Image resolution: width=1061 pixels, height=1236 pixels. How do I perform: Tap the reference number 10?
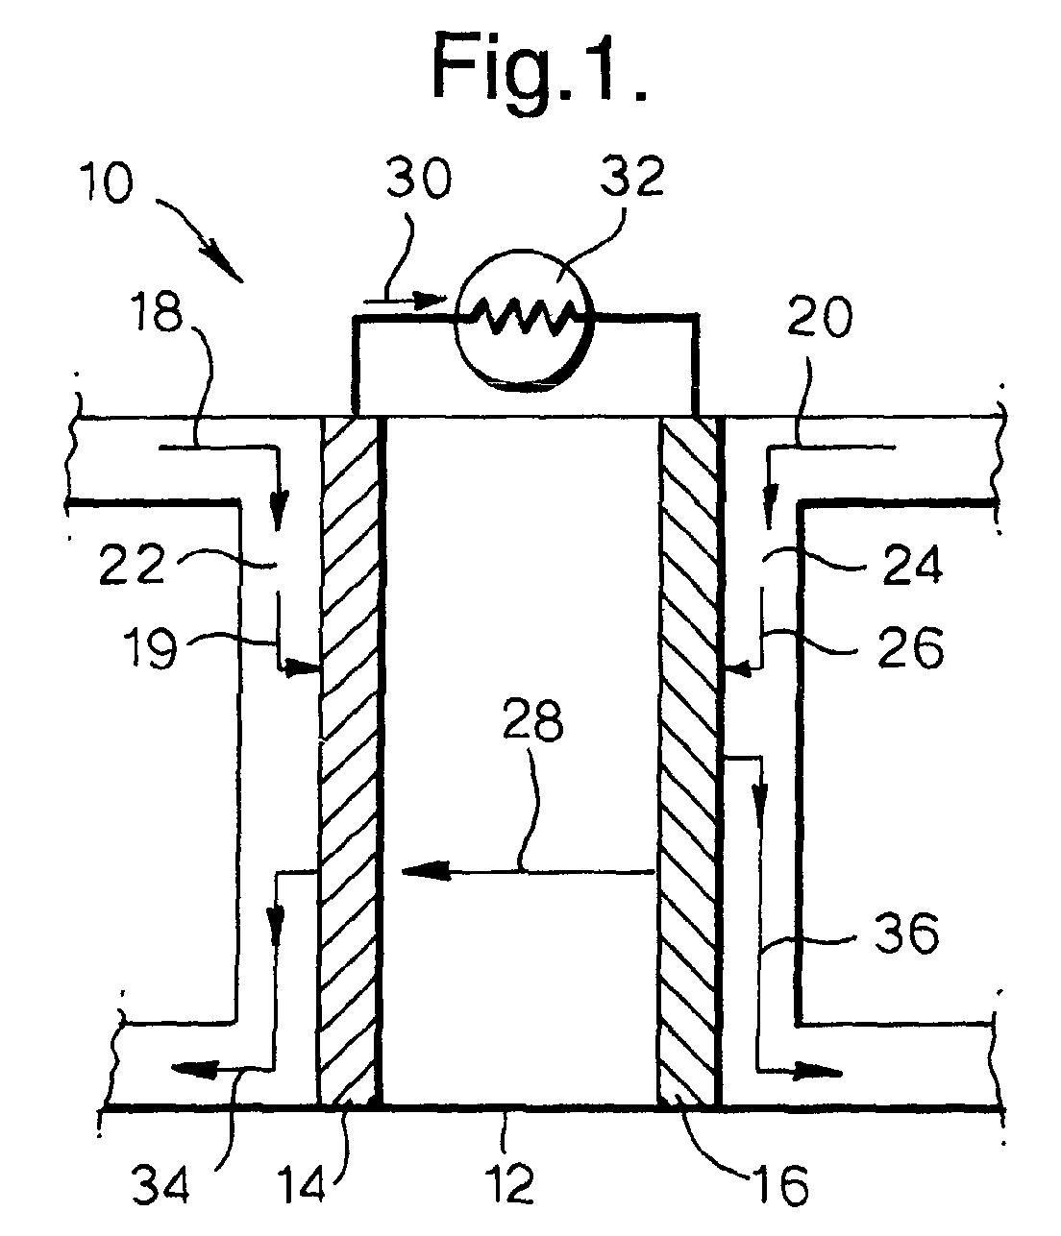coord(106,182)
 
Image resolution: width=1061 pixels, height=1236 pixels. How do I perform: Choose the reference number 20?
coord(819,318)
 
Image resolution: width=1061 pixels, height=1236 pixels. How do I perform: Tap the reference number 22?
coord(132,564)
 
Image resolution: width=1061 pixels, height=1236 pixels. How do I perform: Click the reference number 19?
coord(150,648)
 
